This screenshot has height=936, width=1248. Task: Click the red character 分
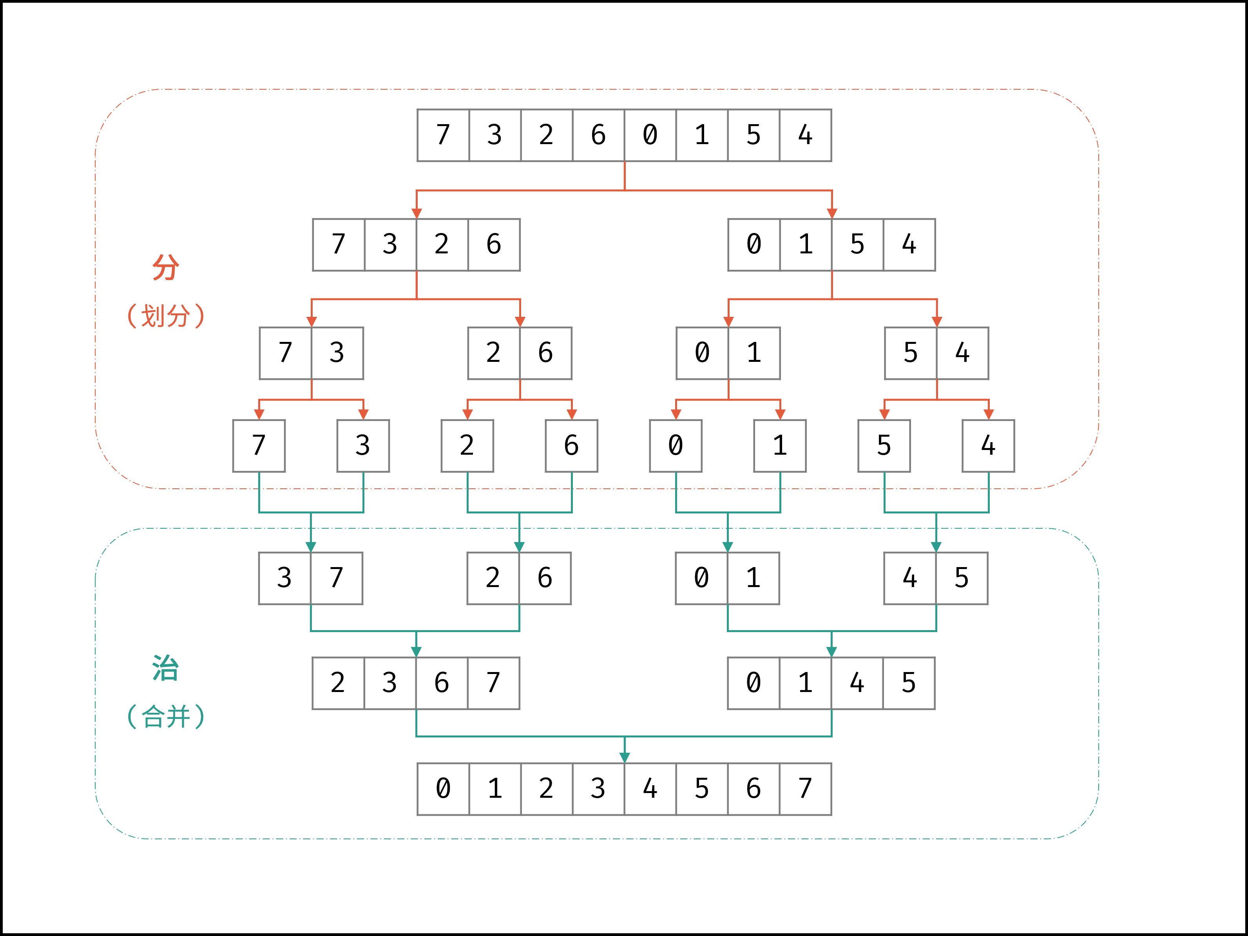tap(165, 267)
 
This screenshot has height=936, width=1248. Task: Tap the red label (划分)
tap(165, 316)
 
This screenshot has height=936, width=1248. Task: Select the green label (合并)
tap(165, 717)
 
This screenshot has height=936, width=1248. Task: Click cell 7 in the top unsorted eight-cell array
tap(443, 136)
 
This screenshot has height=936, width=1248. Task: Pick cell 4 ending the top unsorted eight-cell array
tap(805, 136)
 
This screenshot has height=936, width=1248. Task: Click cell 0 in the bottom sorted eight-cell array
tap(443, 789)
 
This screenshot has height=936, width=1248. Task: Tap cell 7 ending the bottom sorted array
tap(805, 789)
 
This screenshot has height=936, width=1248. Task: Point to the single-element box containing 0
tap(676, 445)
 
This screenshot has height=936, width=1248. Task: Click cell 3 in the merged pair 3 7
tap(284, 578)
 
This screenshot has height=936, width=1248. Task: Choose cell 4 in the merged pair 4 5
tap(909, 578)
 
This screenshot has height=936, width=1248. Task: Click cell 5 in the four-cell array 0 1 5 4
tap(857, 245)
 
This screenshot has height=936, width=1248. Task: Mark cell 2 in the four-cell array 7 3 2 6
tap(442, 245)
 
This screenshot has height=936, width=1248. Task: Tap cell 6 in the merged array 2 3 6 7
tap(442, 683)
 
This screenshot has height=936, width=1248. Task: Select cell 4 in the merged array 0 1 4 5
tap(857, 683)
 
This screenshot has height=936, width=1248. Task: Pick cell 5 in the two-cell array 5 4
tap(910, 353)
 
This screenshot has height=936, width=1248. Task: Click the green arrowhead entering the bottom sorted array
tap(625, 757)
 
